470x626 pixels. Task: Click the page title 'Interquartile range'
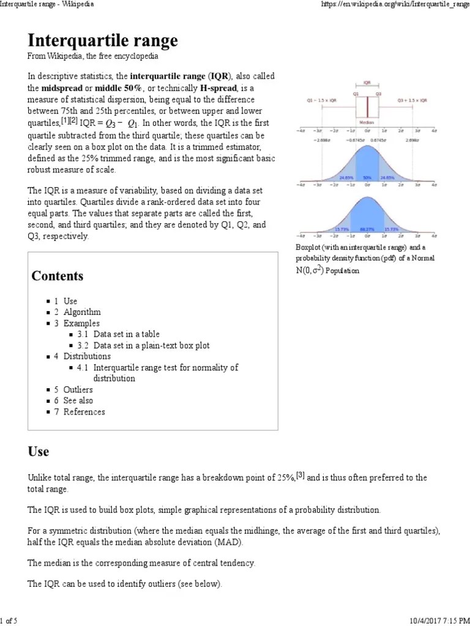tap(103, 41)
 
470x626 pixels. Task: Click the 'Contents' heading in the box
tap(58, 276)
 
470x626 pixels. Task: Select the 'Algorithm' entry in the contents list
tap(82, 312)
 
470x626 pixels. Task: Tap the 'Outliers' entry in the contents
tap(78, 389)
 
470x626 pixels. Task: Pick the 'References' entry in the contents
tap(84, 411)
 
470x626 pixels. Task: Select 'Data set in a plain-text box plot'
tap(151, 345)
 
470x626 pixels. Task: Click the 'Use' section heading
tap(39, 452)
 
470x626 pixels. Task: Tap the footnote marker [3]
tap(300, 475)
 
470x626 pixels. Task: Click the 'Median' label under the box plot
tap(367, 122)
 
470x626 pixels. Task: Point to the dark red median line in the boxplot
tap(367, 108)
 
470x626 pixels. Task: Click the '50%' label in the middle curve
tap(367, 178)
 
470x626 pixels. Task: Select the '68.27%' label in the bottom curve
tap(367, 229)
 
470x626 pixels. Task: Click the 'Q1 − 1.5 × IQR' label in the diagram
tap(321, 100)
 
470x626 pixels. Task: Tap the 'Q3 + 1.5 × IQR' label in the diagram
tap(413, 100)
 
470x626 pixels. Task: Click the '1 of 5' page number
tap(9, 621)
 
